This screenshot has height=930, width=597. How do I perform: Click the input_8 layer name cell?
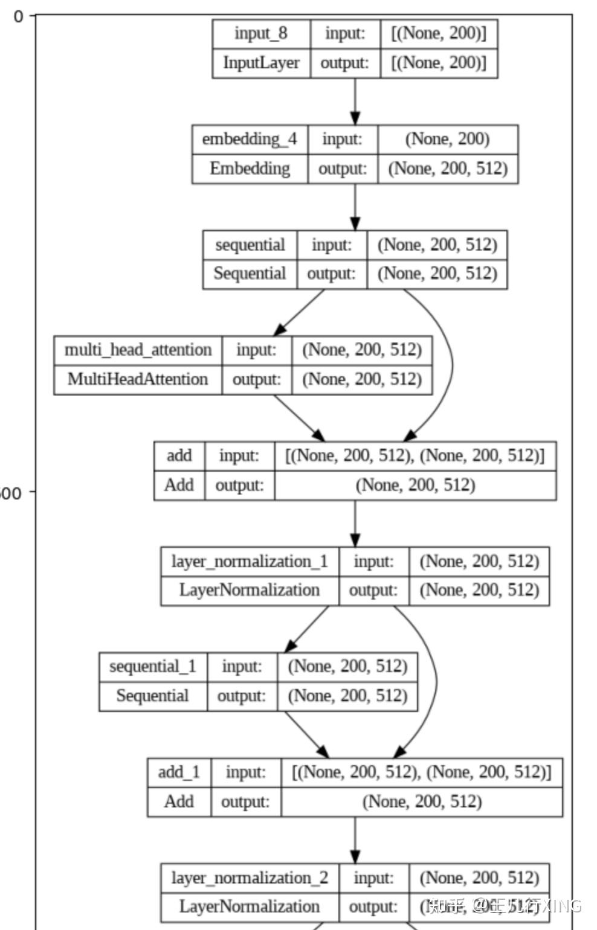pos(261,34)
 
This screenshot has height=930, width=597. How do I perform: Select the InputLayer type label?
pos(261,63)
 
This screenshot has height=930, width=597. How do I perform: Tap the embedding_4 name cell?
pos(249,139)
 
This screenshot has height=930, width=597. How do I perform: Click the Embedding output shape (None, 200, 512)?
pos(448,168)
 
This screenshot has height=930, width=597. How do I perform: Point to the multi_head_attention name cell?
pos(138,350)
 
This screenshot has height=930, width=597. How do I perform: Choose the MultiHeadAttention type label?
pos(138,379)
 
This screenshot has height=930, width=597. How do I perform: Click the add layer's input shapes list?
pos(415,456)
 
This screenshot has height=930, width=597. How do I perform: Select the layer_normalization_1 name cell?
pos(249,562)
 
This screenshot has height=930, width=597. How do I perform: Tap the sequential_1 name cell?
pos(152,667)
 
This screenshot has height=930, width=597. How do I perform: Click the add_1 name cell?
pos(179,772)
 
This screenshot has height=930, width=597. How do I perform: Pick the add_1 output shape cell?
pos(422,802)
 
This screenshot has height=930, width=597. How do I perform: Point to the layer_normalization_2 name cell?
pos(249,878)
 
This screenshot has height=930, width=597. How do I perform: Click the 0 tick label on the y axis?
pos(18,16)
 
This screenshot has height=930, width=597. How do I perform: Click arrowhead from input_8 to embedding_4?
pos(355,118)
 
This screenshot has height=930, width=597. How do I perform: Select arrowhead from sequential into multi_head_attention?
pos(280,330)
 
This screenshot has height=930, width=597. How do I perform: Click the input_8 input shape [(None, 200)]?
pos(439,34)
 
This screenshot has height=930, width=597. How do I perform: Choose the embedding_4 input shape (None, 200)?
pos(448,139)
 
